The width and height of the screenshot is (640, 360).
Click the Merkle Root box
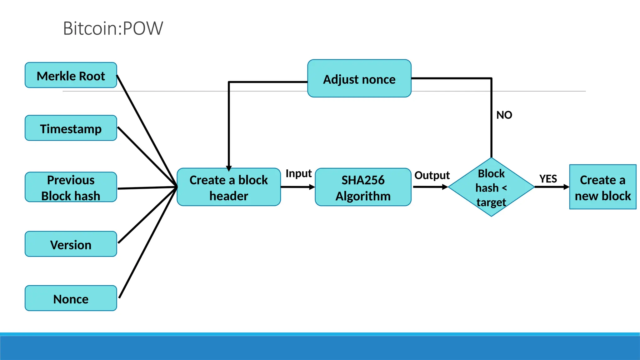(x=71, y=75)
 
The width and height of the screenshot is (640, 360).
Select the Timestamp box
(x=71, y=128)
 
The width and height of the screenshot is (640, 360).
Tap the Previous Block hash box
(x=71, y=187)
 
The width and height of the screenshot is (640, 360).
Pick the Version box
(x=71, y=244)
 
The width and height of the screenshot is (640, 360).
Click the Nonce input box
(x=71, y=298)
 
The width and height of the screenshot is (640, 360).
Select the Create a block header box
(x=229, y=187)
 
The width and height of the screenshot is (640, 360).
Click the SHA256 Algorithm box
(x=363, y=187)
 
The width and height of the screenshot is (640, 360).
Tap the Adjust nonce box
(x=359, y=78)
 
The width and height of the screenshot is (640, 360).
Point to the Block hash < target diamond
(x=491, y=187)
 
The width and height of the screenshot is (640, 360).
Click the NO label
(x=504, y=115)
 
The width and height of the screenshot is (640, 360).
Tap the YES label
(x=548, y=179)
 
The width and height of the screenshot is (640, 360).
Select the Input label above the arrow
(x=298, y=173)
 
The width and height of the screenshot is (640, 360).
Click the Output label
(x=432, y=175)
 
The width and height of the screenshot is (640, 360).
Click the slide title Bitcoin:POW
(x=113, y=28)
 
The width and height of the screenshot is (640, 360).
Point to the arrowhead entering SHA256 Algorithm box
(x=312, y=187)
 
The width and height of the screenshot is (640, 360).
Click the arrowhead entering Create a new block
(x=566, y=187)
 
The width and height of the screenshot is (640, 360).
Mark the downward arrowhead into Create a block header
(x=229, y=168)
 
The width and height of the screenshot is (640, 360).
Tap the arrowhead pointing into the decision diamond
(x=445, y=187)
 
